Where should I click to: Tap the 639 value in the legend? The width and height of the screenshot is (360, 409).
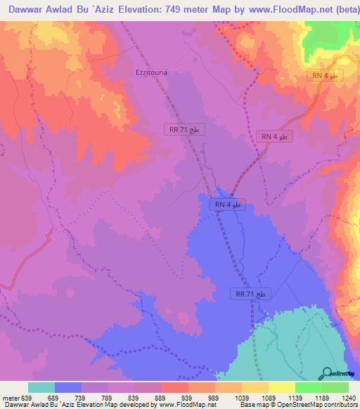[x=27, y=398]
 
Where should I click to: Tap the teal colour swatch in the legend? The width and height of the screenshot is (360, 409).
[x=41, y=387]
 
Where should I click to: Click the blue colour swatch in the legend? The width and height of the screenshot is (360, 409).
[x=68, y=387]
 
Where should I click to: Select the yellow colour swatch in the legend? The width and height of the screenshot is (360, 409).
[x=281, y=387]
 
